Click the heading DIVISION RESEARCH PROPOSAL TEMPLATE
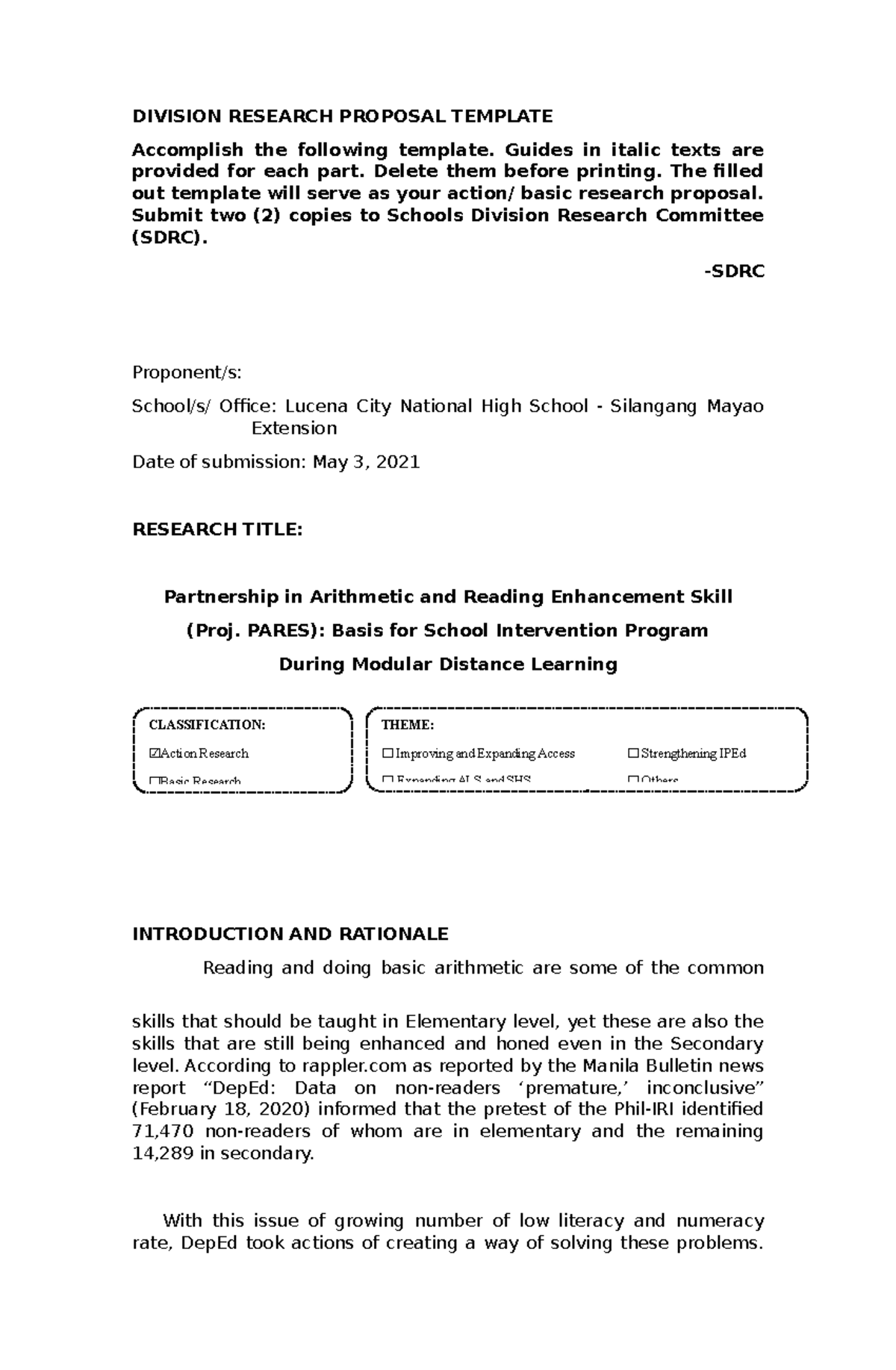tap(342, 116)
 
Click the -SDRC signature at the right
tap(734, 272)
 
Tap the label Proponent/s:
tap(187, 373)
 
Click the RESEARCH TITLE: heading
tap(217, 529)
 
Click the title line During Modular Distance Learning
tap(448, 664)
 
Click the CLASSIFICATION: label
tap(207, 725)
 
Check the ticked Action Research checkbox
tap(155, 753)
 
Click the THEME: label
tap(407, 725)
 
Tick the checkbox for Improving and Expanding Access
tap(387, 753)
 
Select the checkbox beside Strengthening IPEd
tap(633, 753)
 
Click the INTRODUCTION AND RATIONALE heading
tap(290, 934)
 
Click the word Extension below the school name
tap(294, 429)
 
